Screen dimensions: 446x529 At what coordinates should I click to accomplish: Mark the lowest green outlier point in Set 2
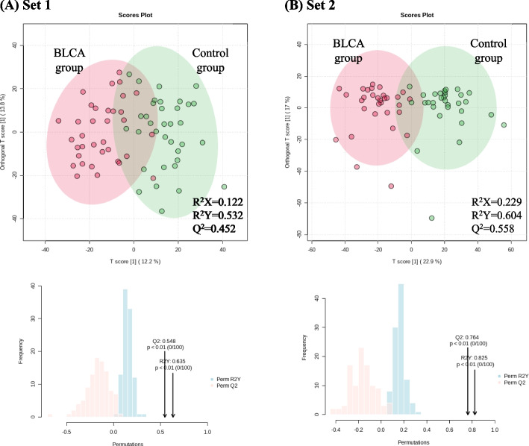(x=432, y=218)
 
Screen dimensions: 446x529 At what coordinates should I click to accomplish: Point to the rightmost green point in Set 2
(x=504, y=125)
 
